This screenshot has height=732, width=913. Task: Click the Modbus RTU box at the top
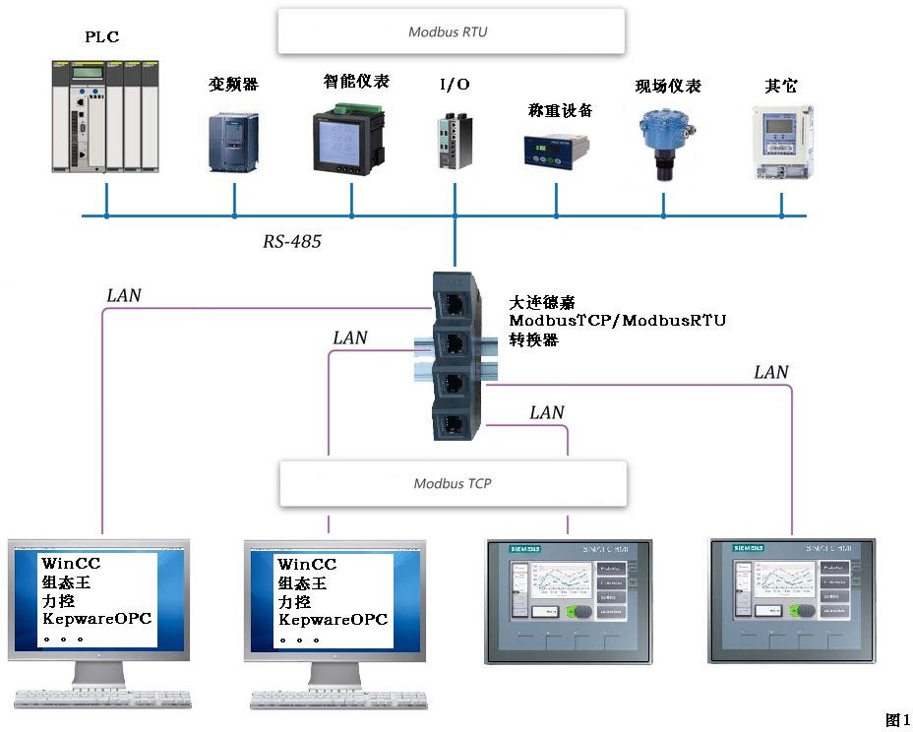pyautogui.click(x=452, y=31)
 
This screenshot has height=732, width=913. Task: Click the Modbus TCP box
pyautogui.click(x=453, y=483)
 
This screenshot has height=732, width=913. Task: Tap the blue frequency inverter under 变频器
pyautogui.click(x=233, y=142)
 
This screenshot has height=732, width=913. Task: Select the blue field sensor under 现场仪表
pyautogui.click(x=662, y=143)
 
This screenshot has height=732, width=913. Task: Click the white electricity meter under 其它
pyautogui.click(x=781, y=143)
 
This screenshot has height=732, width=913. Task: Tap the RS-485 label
pyautogui.click(x=291, y=241)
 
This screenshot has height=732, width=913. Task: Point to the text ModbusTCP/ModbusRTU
pyautogui.click(x=617, y=321)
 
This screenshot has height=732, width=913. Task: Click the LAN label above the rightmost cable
pyautogui.click(x=771, y=372)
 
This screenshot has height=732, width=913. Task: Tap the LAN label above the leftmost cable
pyautogui.click(x=123, y=295)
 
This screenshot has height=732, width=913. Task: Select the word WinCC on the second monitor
pyautogui.click(x=306, y=565)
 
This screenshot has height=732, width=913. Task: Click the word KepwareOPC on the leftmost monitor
pyautogui.click(x=96, y=620)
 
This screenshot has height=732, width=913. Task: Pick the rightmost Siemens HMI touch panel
pyautogui.click(x=791, y=599)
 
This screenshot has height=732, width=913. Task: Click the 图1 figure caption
pyautogui.click(x=897, y=720)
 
